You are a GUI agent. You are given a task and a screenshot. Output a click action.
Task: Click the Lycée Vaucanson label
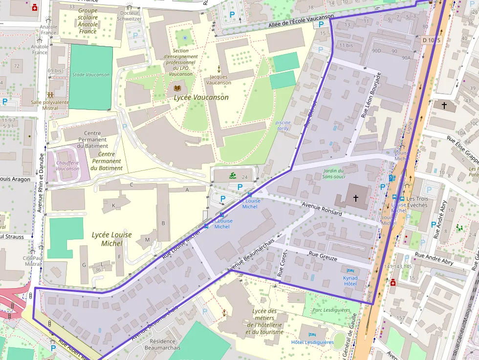[201, 98]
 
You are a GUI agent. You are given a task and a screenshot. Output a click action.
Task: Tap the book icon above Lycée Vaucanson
[177, 88]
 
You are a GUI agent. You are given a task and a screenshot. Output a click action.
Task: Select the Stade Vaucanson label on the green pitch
[90, 75]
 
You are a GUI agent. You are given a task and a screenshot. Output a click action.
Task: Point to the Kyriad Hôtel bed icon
[350, 271]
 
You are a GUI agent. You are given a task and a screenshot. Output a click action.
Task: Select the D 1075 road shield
[432, 40]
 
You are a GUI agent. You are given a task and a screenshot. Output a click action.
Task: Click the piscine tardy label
[283, 126]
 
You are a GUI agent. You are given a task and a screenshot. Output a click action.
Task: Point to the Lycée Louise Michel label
[111, 239]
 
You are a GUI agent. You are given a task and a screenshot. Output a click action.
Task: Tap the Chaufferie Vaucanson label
[67, 166]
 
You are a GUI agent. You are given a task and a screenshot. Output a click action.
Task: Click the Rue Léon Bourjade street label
[370, 96]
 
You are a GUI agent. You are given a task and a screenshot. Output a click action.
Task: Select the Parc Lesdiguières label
[331, 310]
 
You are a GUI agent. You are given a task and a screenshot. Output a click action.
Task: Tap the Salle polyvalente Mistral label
[50, 105]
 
